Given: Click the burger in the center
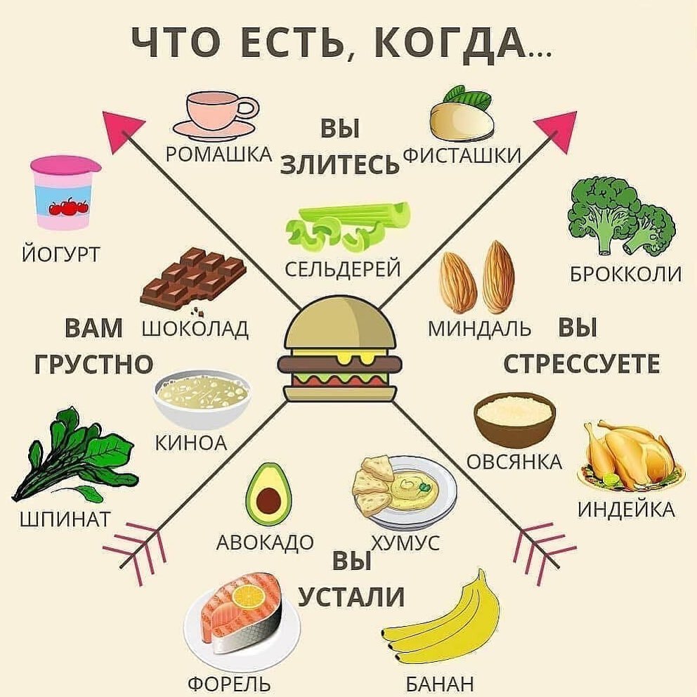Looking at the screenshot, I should tap(340, 352).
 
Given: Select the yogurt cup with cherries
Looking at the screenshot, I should tap(65, 193).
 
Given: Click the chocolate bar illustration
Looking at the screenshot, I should tap(193, 278).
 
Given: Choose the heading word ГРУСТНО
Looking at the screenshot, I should tap(93, 363).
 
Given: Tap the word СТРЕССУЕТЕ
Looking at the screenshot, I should tap(582, 363).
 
